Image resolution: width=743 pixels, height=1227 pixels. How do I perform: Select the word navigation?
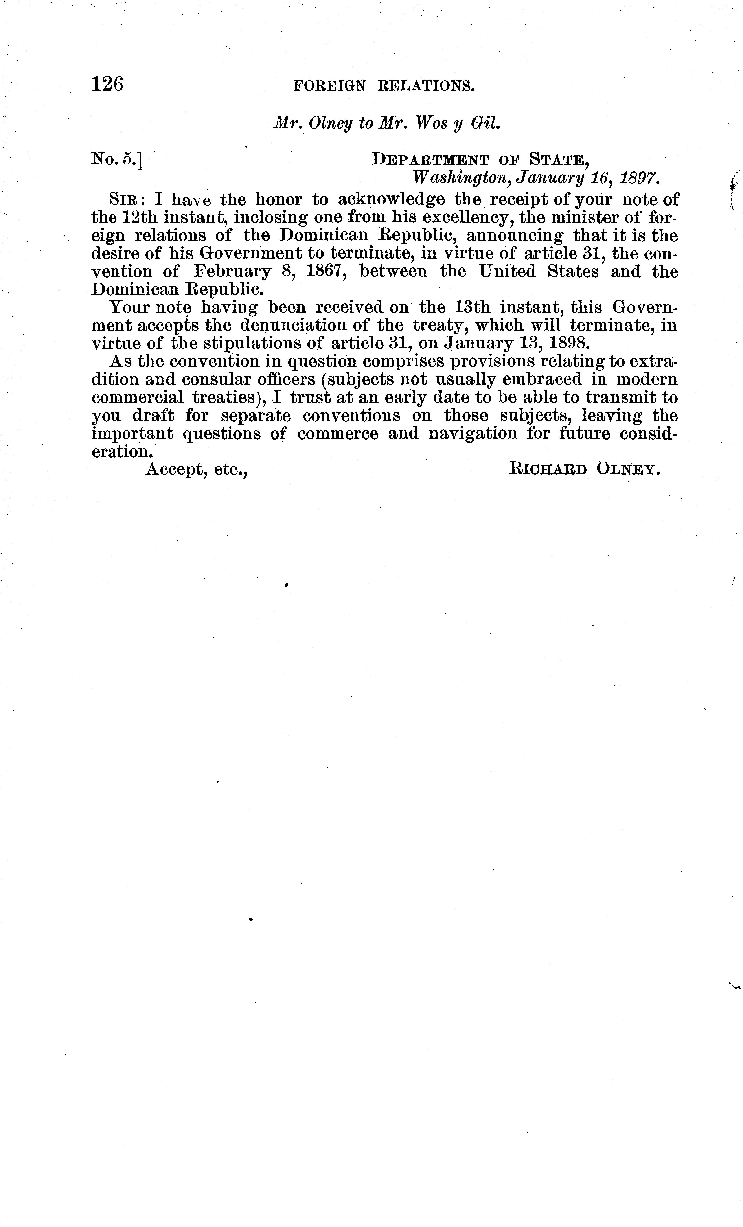pyautogui.click(x=473, y=434)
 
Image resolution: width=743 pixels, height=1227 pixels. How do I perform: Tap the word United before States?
pyautogui.click(x=508, y=272)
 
